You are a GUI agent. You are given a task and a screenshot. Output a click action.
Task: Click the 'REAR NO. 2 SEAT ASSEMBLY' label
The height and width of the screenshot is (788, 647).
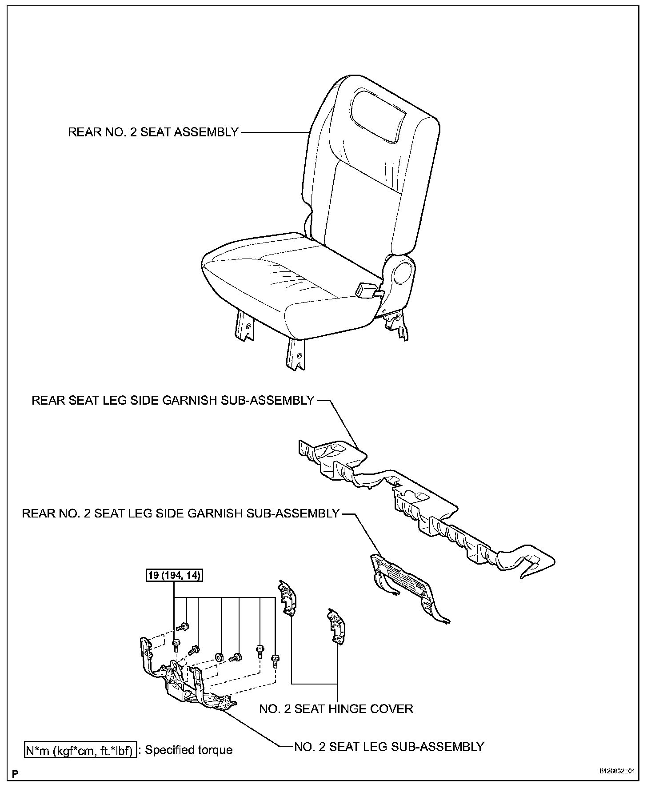(x=153, y=132)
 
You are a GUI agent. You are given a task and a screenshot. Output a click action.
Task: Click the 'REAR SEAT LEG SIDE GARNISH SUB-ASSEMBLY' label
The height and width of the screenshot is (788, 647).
(x=173, y=401)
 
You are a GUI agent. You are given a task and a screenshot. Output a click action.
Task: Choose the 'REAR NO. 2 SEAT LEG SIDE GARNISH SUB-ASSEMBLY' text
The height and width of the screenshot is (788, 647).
(x=180, y=514)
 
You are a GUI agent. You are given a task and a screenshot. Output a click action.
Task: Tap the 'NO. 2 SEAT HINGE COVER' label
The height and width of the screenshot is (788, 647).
(x=336, y=708)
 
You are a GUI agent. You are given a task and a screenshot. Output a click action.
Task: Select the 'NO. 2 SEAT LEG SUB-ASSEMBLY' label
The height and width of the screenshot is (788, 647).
(x=389, y=747)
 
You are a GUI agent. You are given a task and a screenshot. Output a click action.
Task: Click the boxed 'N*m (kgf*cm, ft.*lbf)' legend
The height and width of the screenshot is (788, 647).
(x=80, y=750)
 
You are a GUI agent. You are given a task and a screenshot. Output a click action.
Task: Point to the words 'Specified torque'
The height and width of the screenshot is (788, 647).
(x=189, y=750)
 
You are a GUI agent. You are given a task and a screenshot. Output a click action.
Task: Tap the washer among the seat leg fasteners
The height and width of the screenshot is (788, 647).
(x=219, y=657)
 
